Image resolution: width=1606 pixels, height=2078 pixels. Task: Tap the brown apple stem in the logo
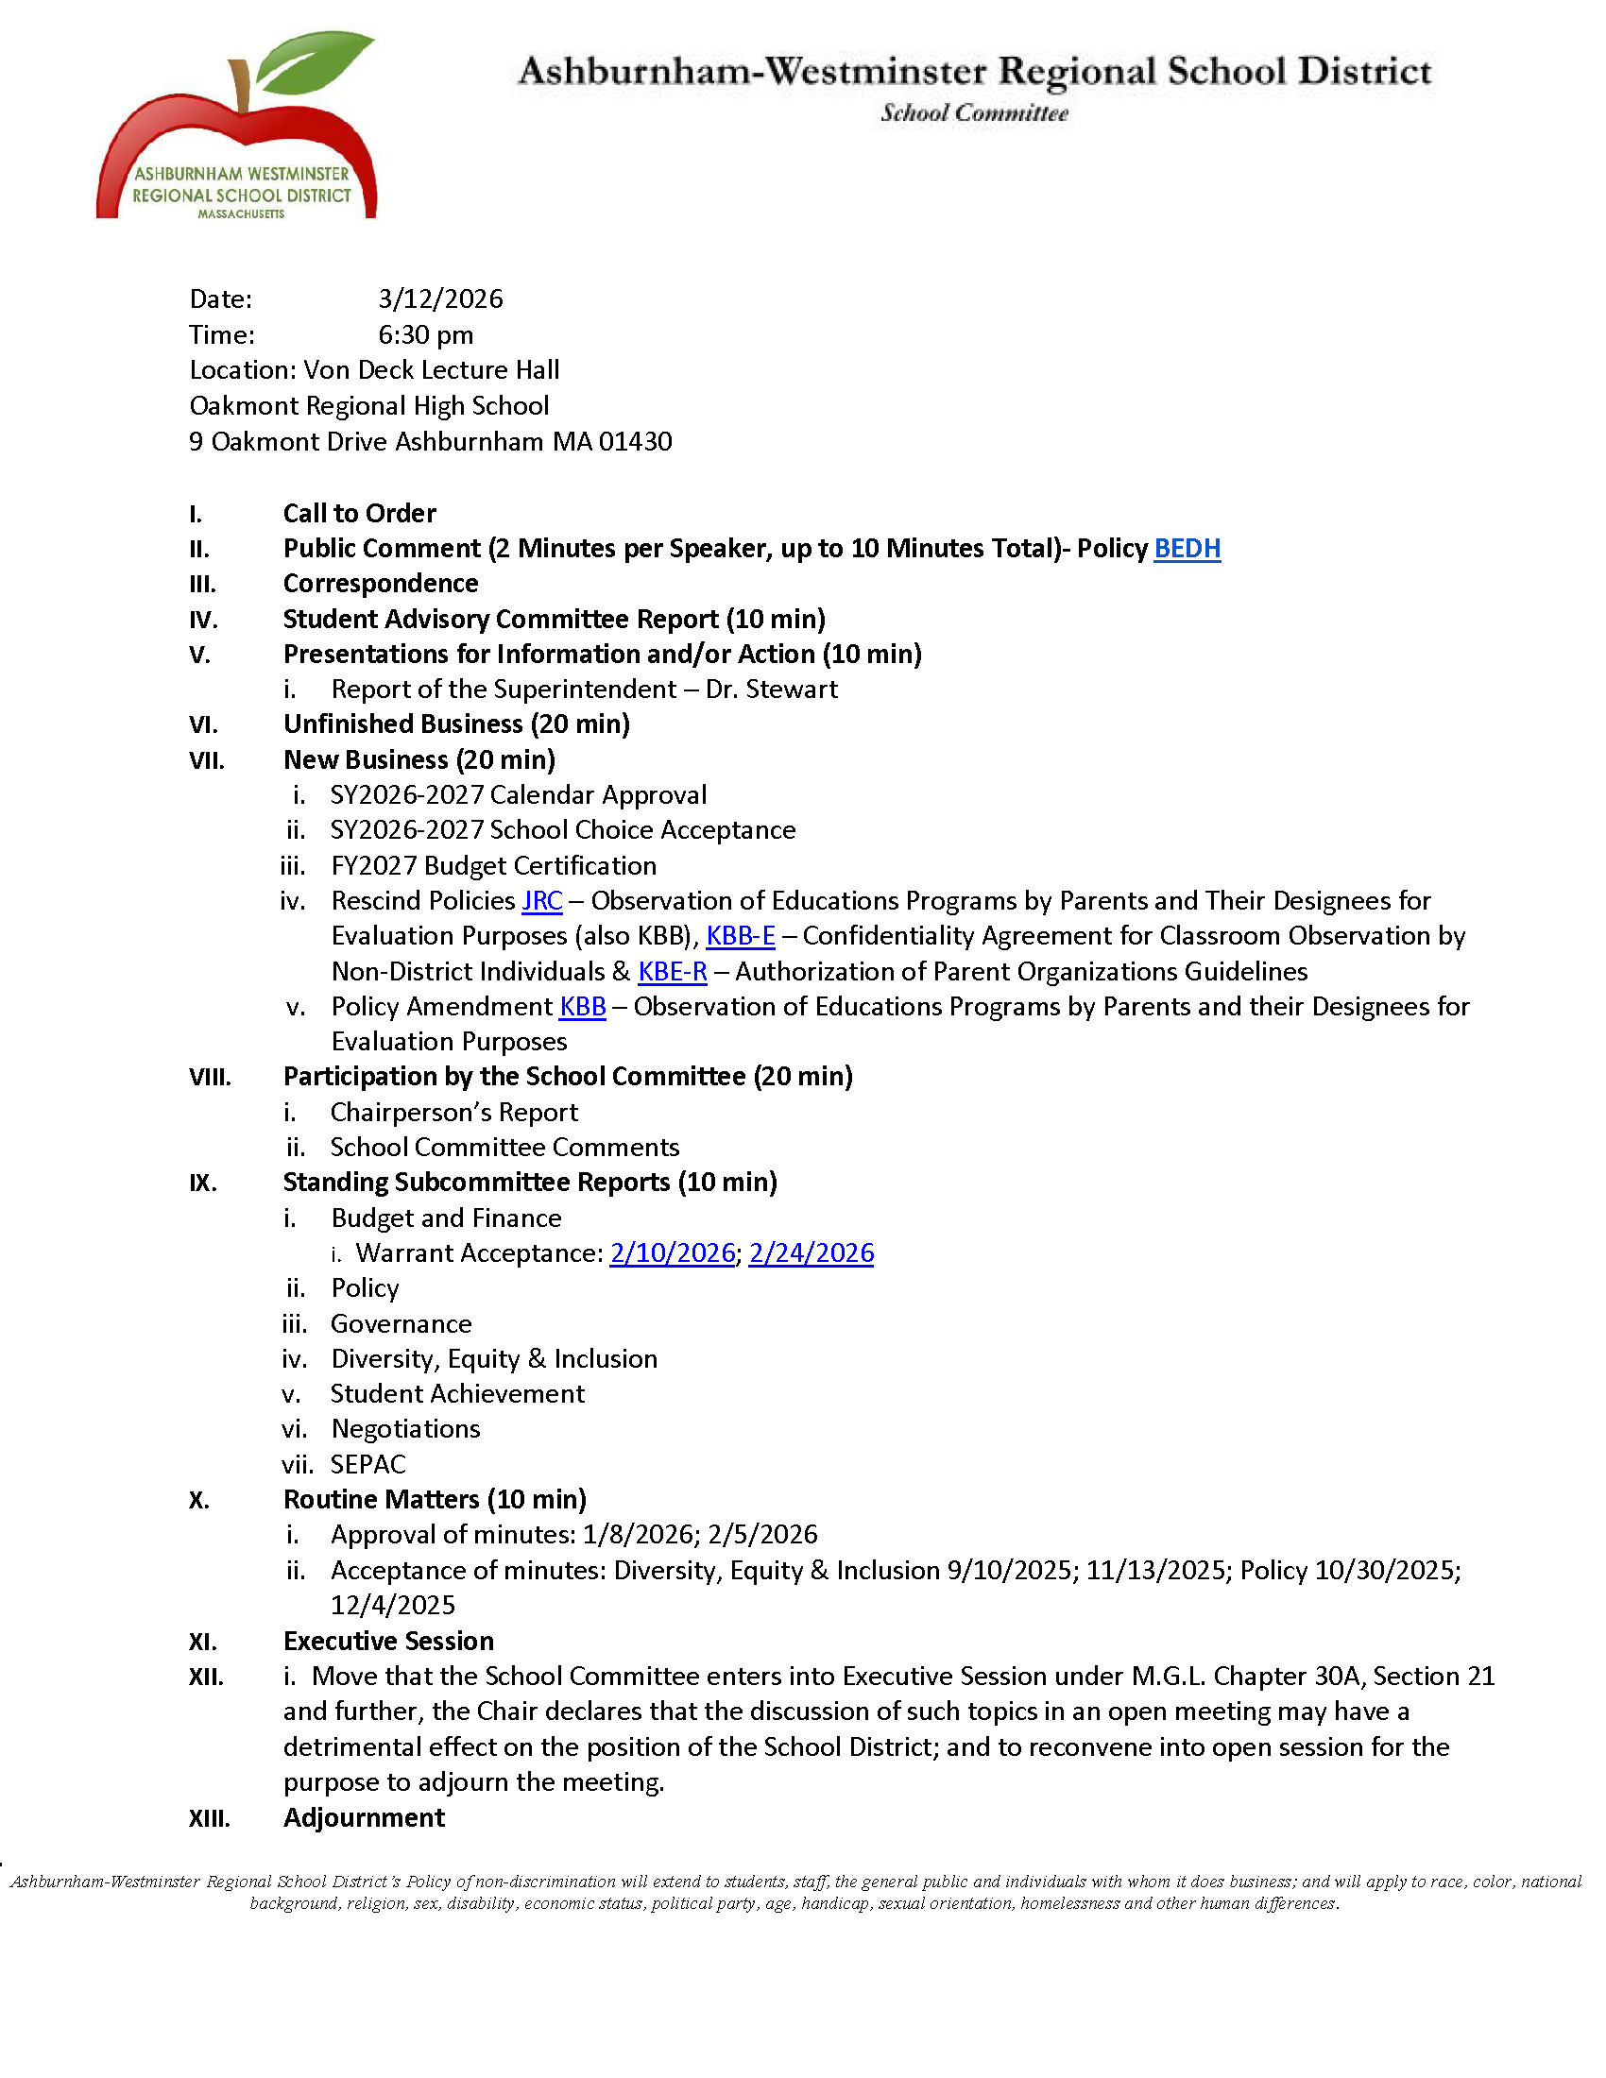coord(241,86)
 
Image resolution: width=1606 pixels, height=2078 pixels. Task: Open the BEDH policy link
coord(1187,549)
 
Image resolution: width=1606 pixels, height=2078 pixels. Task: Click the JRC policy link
coord(542,901)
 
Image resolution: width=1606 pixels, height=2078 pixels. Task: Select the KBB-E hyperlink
coord(741,936)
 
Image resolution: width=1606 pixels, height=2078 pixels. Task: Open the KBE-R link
coord(672,971)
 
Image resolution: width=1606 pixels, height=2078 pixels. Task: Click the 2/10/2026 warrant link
coord(672,1253)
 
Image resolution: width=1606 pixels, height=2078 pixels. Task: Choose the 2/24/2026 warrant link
coord(811,1253)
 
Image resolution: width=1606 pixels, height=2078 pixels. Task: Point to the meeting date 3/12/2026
coord(439,299)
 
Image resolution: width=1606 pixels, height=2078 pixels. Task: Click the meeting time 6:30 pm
coord(425,335)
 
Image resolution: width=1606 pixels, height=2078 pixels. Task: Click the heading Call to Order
coord(360,514)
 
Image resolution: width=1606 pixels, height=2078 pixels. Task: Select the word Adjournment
coord(364,1818)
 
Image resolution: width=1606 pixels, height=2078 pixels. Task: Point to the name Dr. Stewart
coord(772,690)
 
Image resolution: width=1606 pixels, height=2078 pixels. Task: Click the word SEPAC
coord(368,1464)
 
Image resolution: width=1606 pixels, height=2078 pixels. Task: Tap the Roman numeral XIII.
coord(209,1819)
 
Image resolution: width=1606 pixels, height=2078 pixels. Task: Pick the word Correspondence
coord(381,584)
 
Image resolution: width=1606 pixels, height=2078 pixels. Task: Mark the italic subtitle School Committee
coord(973,113)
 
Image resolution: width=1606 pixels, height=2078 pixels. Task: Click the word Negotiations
coord(405,1429)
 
